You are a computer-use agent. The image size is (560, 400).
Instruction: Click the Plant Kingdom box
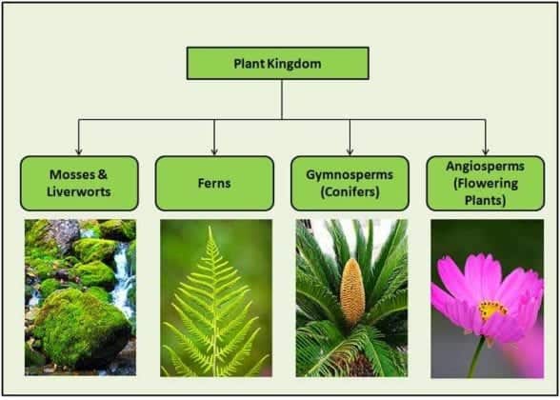point(279,64)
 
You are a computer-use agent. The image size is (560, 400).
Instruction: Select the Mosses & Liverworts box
point(79,183)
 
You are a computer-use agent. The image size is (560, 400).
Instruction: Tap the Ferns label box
point(214,183)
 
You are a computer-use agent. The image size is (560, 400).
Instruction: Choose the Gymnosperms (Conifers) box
point(350,183)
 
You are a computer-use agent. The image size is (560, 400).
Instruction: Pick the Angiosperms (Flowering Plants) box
point(485,183)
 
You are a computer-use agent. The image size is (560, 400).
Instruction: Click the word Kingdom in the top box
point(299,64)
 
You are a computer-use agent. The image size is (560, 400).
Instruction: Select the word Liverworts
point(79,191)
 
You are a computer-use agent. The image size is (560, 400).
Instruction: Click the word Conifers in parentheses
point(350,191)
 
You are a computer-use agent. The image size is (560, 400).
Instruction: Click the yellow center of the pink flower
point(492,309)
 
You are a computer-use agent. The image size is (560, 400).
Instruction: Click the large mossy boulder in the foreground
point(80,329)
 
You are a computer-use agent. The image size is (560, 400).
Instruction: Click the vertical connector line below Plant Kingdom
point(282,99)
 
